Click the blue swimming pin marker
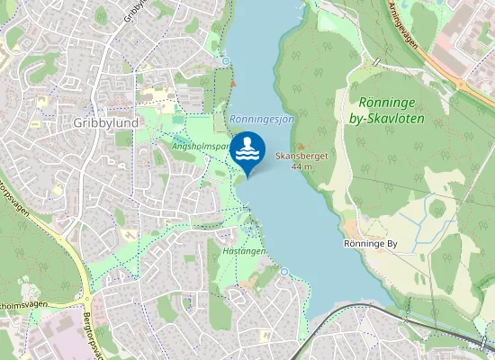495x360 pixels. pos(247,152)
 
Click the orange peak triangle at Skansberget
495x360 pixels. pos(301,147)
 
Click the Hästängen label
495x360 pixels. pos(243,252)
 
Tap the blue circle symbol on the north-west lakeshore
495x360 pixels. pos(226,61)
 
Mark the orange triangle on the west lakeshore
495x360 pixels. pos(233,84)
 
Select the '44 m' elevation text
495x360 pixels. pos(301,167)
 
